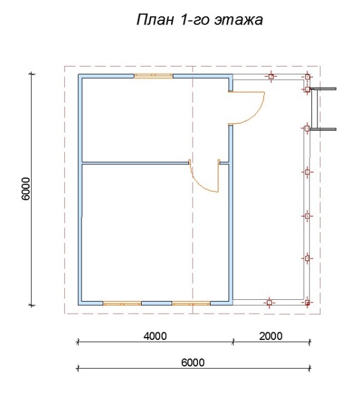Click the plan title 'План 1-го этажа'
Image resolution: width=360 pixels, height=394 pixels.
coord(200,20)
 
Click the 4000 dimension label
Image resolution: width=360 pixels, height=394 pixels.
coord(155,336)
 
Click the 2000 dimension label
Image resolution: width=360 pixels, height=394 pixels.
coord(271,336)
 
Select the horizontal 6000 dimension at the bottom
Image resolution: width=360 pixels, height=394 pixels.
coord(194,369)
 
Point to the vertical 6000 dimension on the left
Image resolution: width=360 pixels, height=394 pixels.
coord(32,190)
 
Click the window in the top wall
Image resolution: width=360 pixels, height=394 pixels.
coord(154,76)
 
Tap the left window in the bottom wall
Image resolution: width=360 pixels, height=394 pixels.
coord(122,303)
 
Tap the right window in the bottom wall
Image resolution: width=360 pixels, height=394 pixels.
coord(191,303)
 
